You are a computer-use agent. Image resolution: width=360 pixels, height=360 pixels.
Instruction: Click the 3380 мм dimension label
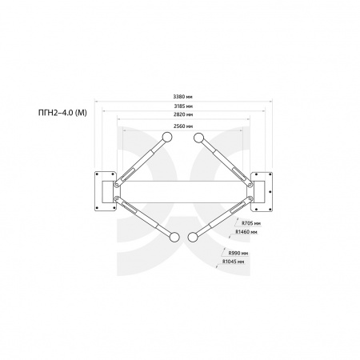183,97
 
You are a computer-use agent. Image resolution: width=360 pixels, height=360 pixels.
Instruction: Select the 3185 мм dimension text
183,106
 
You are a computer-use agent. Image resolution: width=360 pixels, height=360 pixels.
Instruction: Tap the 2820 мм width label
183,114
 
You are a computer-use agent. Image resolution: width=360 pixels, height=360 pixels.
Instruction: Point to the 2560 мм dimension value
183,126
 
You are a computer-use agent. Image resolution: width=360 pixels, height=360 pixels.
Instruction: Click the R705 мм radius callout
251,223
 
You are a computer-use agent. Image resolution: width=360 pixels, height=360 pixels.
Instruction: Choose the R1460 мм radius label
246,232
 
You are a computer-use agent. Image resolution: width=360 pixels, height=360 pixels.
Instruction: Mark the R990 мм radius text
238,253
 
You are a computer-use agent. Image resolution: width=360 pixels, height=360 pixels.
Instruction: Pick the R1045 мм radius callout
234,262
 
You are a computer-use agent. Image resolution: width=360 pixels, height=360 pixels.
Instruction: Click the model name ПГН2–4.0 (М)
62,113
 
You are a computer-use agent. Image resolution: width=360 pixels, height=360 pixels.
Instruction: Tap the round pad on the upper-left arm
167,137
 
